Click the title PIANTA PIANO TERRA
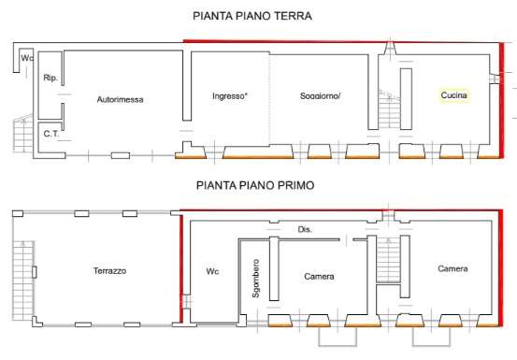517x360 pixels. click(x=252, y=16)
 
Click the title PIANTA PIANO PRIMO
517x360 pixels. click(x=255, y=185)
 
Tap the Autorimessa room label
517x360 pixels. click(x=120, y=99)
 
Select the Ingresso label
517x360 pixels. click(x=229, y=96)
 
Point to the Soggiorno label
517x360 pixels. click(x=320, y=96)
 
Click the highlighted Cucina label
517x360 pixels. click(x=453, y=95)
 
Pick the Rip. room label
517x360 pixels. click(x=50, y=78)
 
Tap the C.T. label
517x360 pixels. click(x=50, y=134)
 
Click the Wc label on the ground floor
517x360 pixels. click(x=27, y=58)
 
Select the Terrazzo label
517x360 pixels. click(x=109, y=271)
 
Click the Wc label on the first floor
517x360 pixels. click(x=212, y=271)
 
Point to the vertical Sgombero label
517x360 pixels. click(x=255, y=279)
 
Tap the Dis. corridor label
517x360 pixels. click(x=305, y=229)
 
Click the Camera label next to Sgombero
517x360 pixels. click(x=319, y=276)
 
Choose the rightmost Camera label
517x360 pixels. click(x=452, y=268)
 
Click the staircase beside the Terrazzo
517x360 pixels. click(x=23, y=281)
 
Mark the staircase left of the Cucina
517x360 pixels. click(x=390, y=109)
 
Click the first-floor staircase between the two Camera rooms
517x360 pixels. click(x=388, y=260)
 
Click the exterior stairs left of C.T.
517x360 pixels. click(x=23, y=133)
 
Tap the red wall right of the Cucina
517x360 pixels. click(x=501, y=101)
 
